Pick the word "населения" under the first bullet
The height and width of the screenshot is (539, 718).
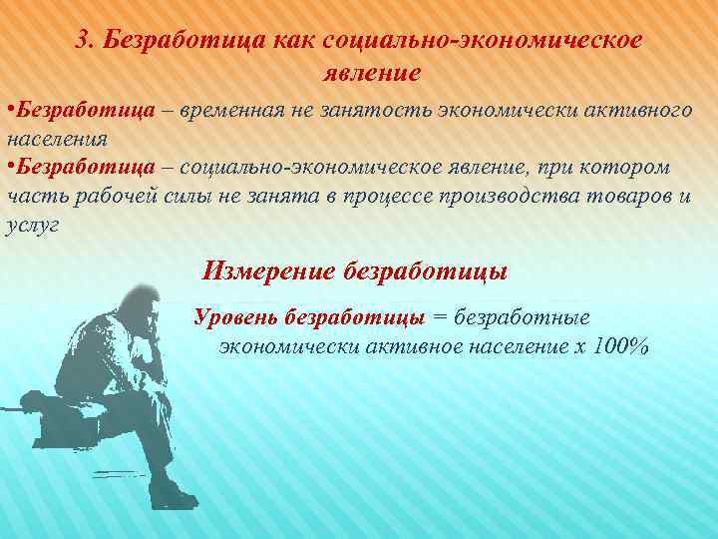56,137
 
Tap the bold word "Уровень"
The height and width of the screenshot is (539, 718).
236,317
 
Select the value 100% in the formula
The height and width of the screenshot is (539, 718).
621,346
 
